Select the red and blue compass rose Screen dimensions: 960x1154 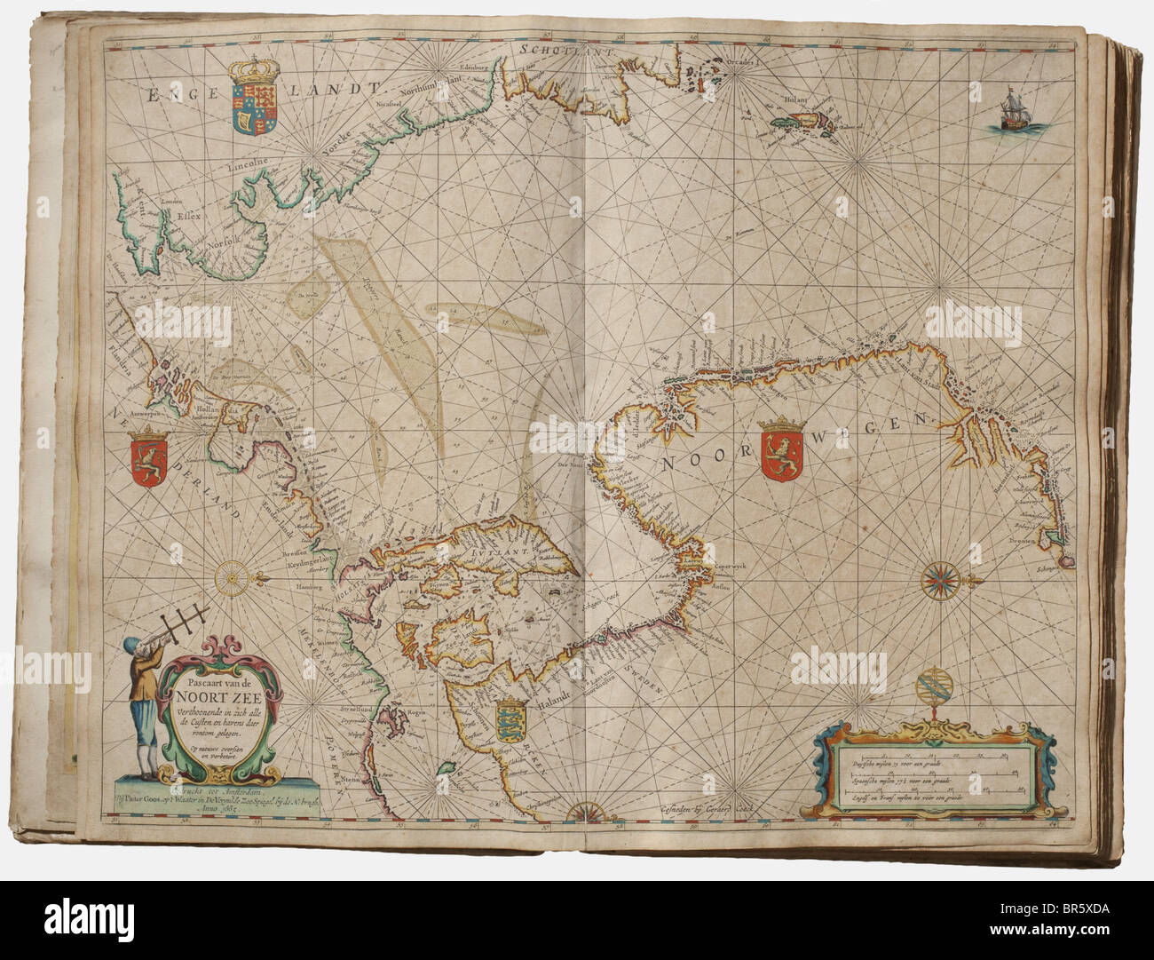[938, 581]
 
